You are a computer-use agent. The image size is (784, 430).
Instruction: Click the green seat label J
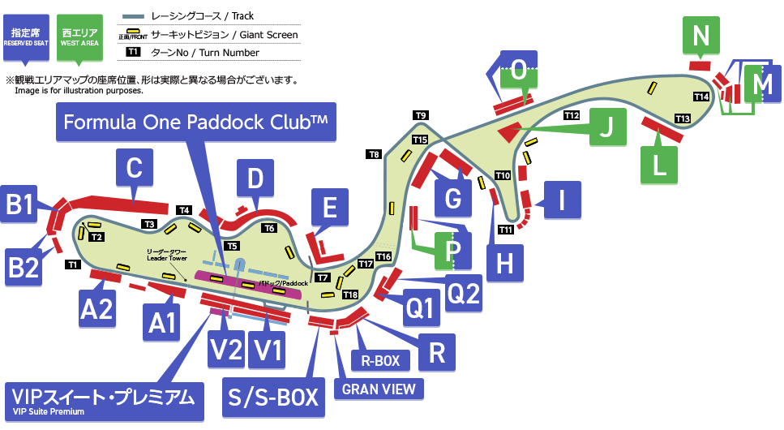(608, 126)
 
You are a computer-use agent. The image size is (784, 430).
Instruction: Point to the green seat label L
(661, 166)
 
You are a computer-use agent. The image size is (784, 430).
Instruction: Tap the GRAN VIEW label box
(379, 389)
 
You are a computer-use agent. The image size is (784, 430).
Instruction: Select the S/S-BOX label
(270, 398)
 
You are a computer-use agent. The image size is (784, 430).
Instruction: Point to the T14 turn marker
(702, 97)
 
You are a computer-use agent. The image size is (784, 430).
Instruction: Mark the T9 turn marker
(420, 115)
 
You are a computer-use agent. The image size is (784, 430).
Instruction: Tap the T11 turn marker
(506, 230)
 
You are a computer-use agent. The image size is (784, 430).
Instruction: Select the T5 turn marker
(232, 245)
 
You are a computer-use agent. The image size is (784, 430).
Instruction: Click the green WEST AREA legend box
(79, 37)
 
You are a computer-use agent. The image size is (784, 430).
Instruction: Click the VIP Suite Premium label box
(104, 401)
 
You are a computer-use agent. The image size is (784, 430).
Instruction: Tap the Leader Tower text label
(167, 255)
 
